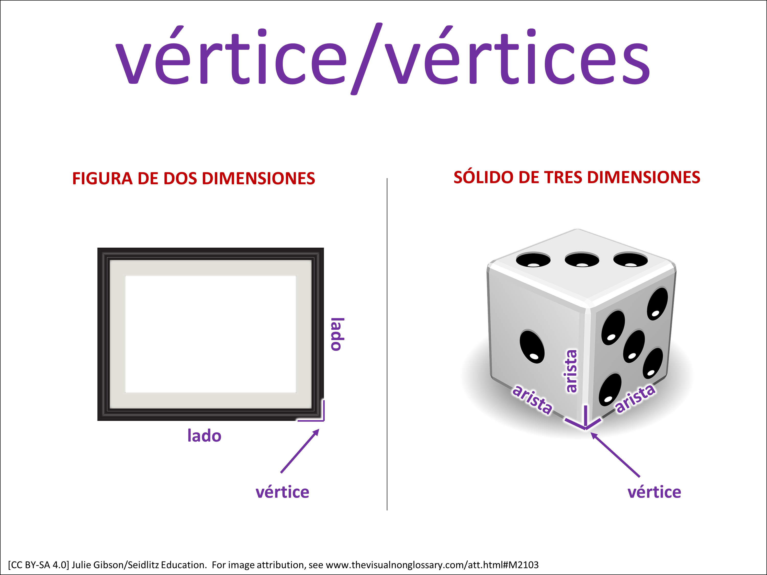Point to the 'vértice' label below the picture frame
[x=282, y=492]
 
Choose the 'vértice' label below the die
[x=654, y=492]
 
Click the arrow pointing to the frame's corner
[x=300, y=451]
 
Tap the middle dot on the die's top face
[x=582, y=260]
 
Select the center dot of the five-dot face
[x=634, y=346]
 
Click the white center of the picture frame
[x=210, y=334]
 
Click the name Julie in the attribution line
[x=82, y=565]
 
